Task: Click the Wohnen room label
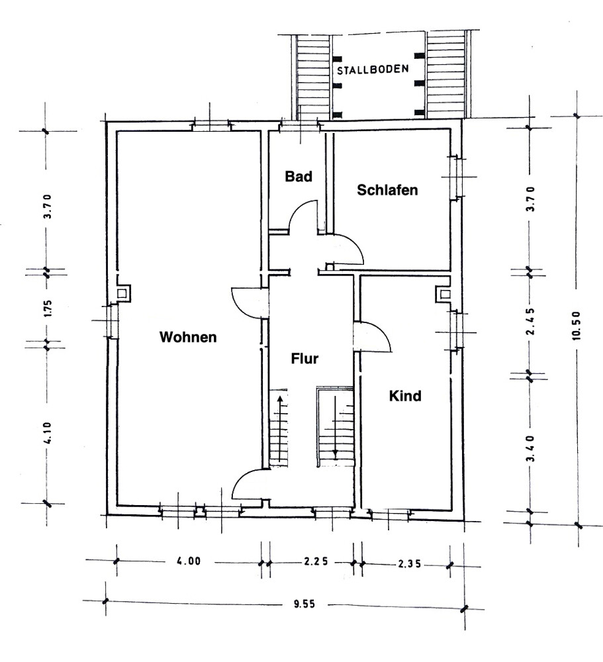(x=188, y=337)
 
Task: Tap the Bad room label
(x=299, y=176)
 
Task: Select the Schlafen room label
(x=387, y=190)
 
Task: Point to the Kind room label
(x=405, y=396)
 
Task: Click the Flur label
(x=304, y=358)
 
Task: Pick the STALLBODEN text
(x=373, y=70)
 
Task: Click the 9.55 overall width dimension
(x=304, y=604)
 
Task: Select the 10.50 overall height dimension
(x=577, y=326)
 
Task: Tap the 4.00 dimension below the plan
(x=189, y=561)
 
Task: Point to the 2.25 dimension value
(x=316, y=562)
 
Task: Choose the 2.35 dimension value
(x=409, y=563)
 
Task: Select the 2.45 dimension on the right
(x=530, y=321)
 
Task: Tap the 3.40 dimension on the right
(x=530, y=448)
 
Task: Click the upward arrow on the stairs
(x=279, y=428)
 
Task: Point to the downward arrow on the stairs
(x=336, y=427)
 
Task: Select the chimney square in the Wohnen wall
(x=122, y=293)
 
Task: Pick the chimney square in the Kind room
(x=445, y=294)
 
